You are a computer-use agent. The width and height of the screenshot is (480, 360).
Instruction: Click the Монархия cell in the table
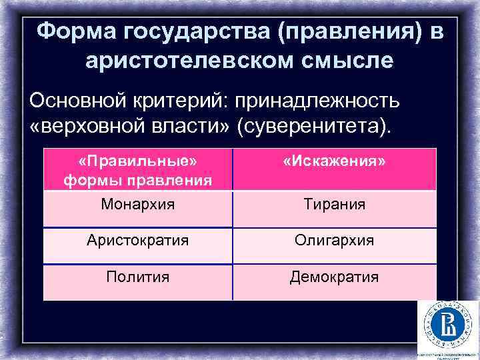[138, 205]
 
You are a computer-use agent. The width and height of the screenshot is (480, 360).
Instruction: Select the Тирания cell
[334, 205]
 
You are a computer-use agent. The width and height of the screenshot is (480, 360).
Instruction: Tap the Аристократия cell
[138, 240]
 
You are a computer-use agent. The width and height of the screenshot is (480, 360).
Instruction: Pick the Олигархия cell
[334, 240]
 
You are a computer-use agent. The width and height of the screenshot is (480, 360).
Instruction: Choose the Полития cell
[138, 276]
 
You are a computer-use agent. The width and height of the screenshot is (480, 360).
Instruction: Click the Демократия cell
[334, 276]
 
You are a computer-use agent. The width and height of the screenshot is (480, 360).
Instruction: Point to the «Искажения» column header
[334, 163]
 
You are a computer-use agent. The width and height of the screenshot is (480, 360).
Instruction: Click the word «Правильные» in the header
[138, 162]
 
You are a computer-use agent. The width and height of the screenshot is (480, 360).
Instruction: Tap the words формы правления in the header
[138, 180]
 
